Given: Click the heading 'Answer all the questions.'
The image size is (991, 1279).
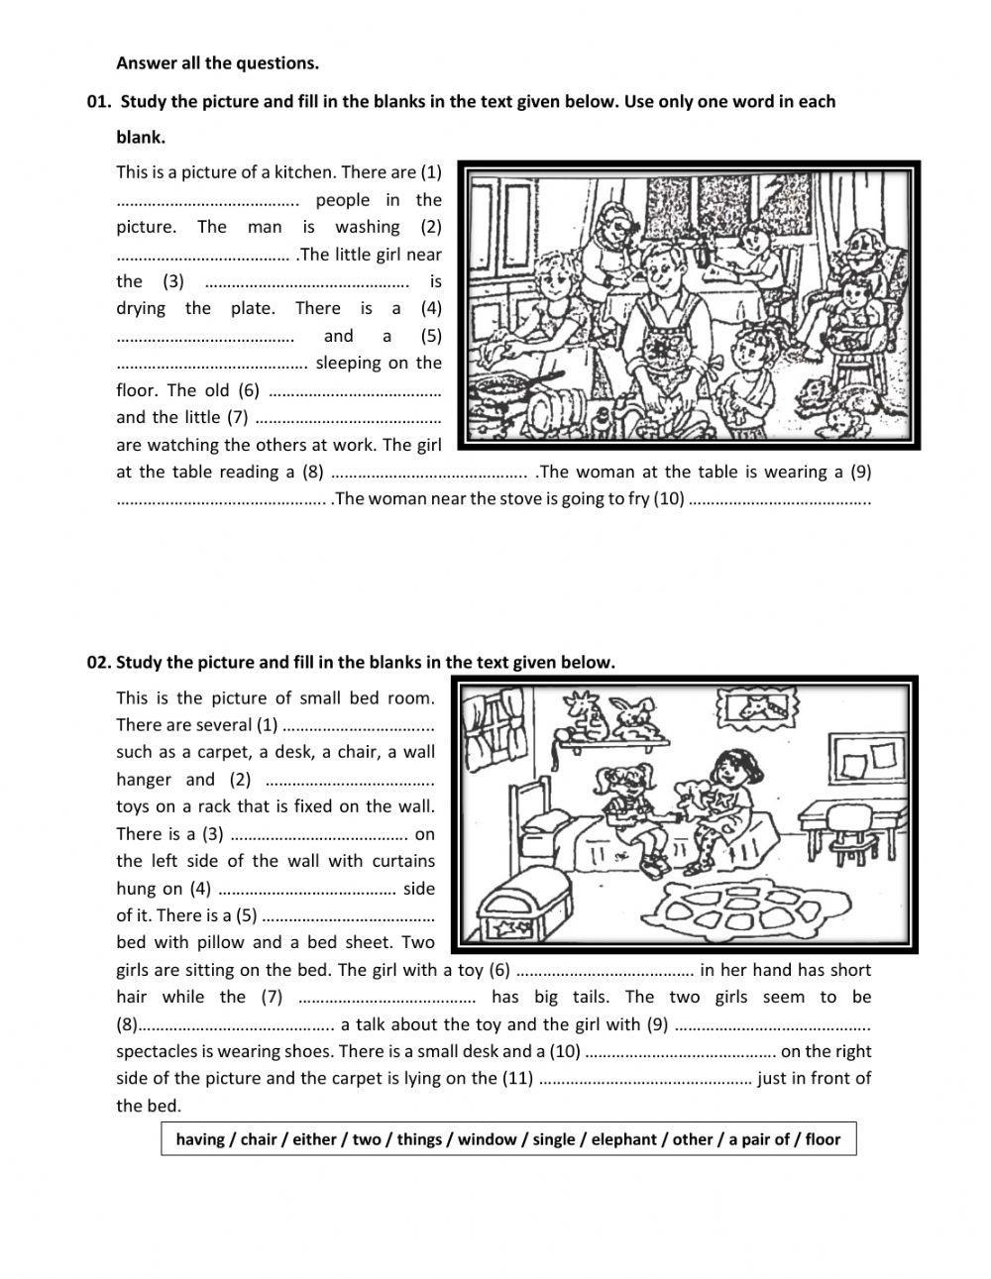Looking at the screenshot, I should tap(217, 63).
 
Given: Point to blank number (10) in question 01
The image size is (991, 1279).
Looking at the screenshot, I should tap(778, 499).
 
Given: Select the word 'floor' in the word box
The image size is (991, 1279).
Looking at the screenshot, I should tap(822, 1139).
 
